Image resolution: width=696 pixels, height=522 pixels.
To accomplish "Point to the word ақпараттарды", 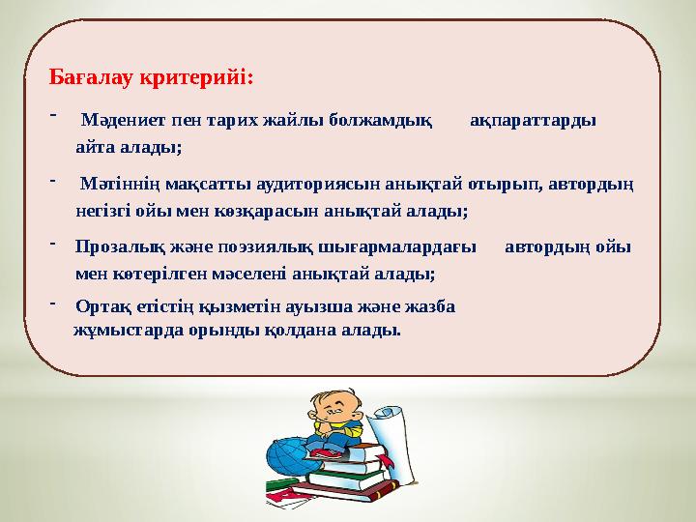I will [x=533, y=121].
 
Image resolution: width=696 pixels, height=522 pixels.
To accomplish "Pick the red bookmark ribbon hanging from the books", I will [x=282, y=496].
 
